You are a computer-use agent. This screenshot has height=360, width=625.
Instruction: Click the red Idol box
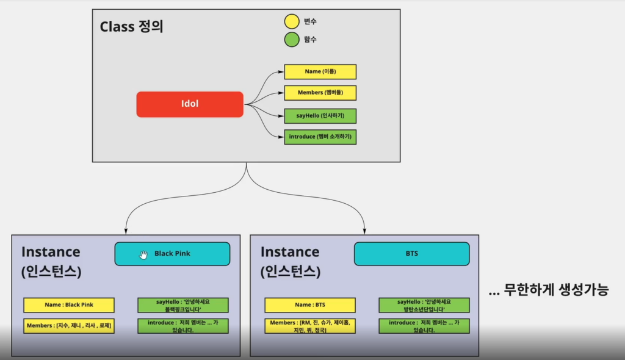pos(190,104)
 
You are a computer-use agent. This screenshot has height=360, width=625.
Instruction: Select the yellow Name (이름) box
pos(320,72)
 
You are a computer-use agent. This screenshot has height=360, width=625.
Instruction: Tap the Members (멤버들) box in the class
pos(320,93)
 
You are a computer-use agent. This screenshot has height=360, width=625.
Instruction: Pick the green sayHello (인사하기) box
pos(320,116)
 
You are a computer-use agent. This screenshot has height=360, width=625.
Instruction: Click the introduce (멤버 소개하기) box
pos(320,137)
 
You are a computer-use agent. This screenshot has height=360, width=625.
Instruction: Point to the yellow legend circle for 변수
pos(292,22)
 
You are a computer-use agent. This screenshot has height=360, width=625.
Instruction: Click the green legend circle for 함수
pos(292,40)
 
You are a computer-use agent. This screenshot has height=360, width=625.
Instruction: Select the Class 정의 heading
pos(131,27)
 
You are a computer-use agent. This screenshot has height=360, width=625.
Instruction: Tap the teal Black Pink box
pos(172,254)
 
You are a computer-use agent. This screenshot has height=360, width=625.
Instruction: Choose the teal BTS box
pos(411,254)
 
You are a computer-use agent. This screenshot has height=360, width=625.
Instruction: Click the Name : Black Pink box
pos(68,305)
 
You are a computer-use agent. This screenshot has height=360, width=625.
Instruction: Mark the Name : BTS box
pos(309,305)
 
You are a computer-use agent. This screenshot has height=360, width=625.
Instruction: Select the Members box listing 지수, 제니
pos(68,326)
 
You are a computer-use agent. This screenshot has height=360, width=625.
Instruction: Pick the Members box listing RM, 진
pos(309,326)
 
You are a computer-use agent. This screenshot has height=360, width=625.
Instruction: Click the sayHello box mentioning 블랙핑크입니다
pos(183,305)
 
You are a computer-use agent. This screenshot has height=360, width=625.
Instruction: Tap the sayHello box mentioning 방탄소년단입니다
pos(424,305)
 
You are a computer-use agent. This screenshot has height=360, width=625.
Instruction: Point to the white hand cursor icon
pos(143,254)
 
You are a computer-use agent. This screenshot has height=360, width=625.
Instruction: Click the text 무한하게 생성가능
pos(549,290)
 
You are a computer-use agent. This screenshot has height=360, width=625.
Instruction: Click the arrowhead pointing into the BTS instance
pos(365,231)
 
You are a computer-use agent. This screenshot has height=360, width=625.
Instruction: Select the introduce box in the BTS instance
pos(424,326)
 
